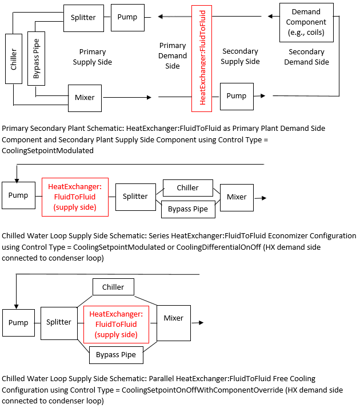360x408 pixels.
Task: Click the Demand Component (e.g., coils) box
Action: coord(306,22)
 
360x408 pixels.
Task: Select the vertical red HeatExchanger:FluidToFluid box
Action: coord(202,58)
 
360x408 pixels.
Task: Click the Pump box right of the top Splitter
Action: coord(127,17)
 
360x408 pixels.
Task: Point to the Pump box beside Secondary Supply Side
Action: coord(236,96)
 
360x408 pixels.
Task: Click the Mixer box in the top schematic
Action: coord(85,97)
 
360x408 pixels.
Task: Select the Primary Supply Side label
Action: coord(92,57)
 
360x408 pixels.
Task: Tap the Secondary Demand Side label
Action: coord(306,57)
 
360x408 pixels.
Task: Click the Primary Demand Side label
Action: coord(173,55)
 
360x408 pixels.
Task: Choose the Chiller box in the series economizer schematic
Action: coord(187,187)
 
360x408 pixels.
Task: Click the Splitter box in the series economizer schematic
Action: coord(135,197)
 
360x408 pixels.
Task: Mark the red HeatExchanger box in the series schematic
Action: coord(75,197)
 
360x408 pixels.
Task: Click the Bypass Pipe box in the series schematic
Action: coord(188,209)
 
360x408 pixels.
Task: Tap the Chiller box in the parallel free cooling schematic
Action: coord(113,287)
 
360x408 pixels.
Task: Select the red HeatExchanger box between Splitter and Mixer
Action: coord(115,324)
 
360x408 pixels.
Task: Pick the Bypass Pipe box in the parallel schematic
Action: coord(116,355)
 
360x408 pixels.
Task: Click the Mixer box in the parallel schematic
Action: coord(173,318)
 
